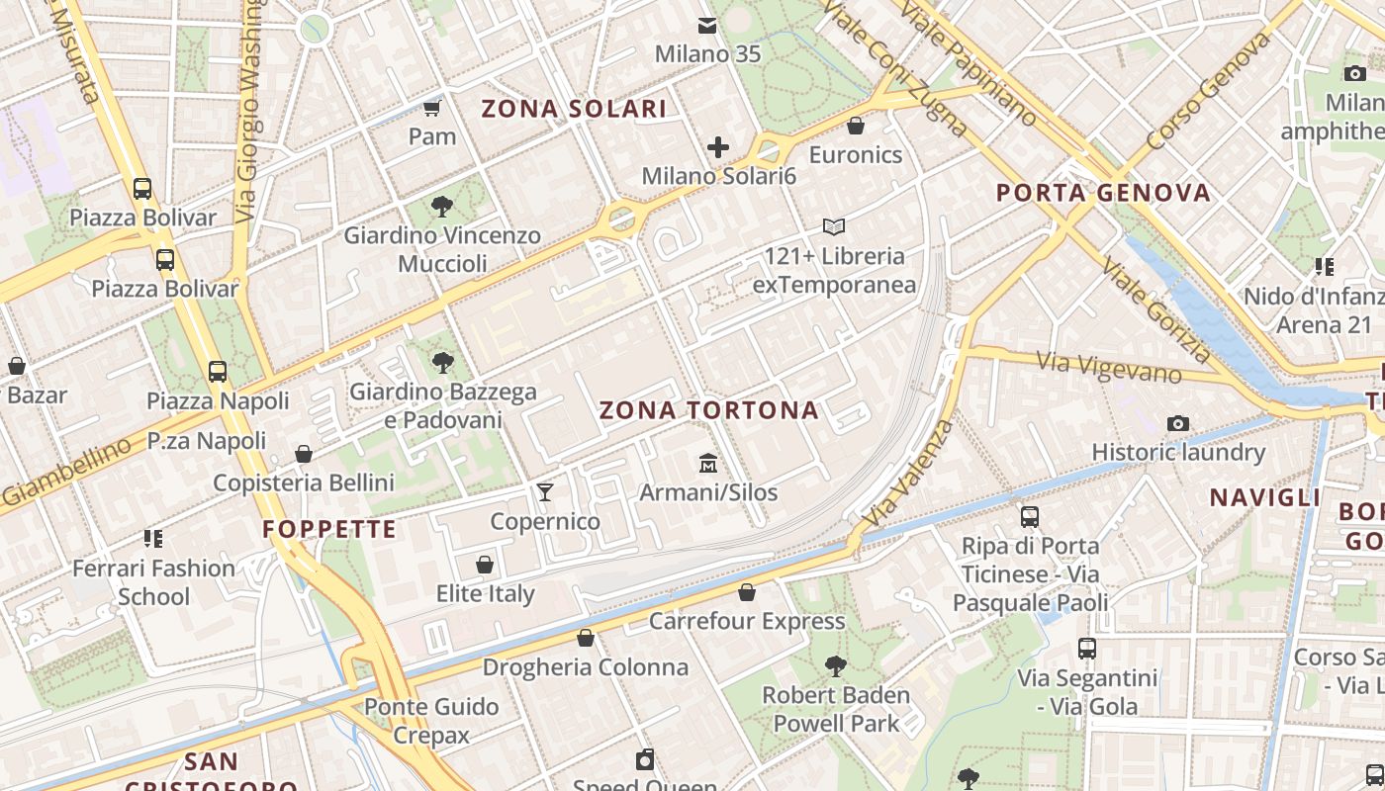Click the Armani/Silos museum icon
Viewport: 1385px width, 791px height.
pos(708,463)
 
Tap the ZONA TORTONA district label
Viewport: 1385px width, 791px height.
pos(709,410)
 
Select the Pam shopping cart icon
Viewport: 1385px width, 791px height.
pos(432,107)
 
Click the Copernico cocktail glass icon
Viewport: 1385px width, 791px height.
pos(545,491)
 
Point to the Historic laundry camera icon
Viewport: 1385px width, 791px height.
pos(1177,423)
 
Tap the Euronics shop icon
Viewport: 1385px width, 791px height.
pos(856,126)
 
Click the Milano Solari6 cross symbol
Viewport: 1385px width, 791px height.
pos(718,147)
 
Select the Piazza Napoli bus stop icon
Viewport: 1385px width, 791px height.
pos(218,372)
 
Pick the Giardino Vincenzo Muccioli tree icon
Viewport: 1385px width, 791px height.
pos(442,207)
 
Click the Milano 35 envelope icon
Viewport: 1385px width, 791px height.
pos(707,25)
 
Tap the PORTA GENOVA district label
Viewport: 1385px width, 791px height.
pos(1103,192)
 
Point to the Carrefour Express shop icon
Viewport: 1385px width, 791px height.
pos(747,592)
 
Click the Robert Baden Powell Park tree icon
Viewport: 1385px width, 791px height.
pos(836,666)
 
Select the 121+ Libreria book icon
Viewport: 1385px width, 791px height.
pos(834,226)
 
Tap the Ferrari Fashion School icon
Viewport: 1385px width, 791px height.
pos(153,539)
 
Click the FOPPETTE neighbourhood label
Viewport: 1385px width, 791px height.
pos(329,529)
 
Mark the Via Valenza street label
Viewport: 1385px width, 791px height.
pos(907,473)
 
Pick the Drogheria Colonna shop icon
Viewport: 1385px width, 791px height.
pos(586,638)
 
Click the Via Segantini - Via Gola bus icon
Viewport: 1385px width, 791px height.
pos(1087,649)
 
